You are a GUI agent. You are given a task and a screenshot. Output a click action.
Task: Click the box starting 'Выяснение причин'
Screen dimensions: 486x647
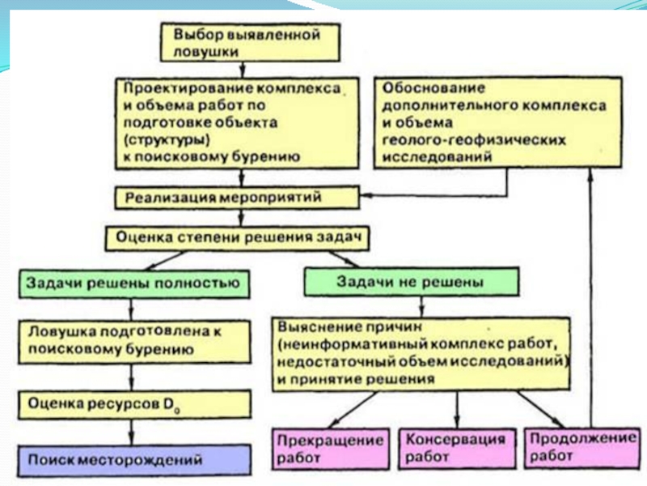point(421,353)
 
